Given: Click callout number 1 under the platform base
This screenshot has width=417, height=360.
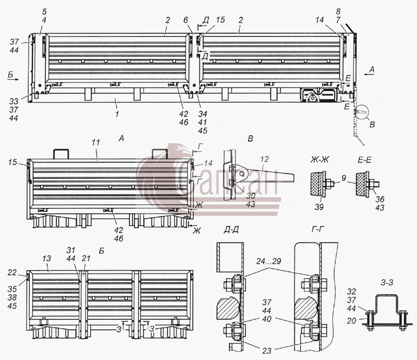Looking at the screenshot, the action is (117, 114).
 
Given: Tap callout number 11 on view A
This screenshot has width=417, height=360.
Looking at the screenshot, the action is (96, 142).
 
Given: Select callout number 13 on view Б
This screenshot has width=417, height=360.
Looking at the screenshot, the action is (46, 258).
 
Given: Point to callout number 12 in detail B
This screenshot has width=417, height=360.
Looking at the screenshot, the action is (264, 159).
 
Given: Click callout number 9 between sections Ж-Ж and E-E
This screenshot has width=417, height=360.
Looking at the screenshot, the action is (344, 178).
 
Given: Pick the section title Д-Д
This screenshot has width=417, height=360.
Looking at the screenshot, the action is (231, 229).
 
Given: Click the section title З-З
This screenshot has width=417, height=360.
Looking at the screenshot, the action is (387, 282).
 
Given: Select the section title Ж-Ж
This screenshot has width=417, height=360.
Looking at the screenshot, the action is (320, 159).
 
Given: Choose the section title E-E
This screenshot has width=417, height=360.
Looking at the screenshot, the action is (364, 160).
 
